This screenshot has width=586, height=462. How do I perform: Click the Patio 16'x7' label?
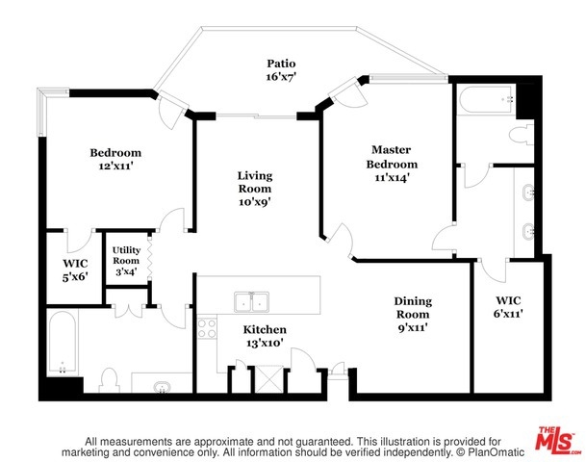(281, 70)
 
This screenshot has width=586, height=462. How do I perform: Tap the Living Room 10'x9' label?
(255, 189)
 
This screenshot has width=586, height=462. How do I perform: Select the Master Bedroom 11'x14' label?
(392, 164)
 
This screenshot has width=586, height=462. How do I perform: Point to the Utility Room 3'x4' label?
(126, 261)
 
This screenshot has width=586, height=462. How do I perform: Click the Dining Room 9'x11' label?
(413, 315)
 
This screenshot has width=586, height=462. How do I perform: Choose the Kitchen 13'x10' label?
(265, 336)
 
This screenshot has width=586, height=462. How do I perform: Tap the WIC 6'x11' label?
(508, 307)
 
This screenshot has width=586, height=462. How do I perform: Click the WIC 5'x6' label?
(75, 270)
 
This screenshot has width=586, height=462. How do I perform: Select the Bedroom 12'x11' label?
(115, 159)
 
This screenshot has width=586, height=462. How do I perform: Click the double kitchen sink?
(251, 302)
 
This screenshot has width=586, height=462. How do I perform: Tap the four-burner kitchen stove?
(207, 328)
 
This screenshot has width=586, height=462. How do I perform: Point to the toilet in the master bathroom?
(522, 134)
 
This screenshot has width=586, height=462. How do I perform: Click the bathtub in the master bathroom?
(487, 99)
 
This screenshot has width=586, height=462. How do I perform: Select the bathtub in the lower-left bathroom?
(63, 343)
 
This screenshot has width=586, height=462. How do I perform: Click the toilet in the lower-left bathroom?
(109, 380)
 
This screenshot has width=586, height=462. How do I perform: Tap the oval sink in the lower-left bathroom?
(163, 388)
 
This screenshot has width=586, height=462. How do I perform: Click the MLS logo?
(556, 439)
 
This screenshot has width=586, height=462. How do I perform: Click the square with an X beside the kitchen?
(268, 379)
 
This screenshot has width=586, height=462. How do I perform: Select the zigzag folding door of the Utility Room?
(150, 256)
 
